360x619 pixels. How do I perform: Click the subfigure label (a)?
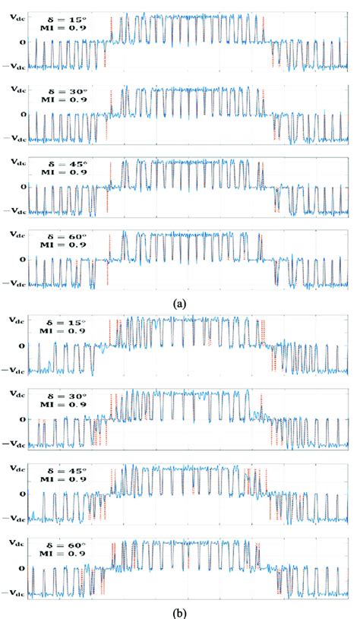[x=179, y=302]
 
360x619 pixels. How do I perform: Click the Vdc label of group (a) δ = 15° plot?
[x=15, y=17]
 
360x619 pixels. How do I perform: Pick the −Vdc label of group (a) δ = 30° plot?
[x=14, y=138]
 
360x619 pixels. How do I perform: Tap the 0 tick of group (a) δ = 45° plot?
[x=22, y=186]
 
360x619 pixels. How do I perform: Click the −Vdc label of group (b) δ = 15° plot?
[x=14, y=371]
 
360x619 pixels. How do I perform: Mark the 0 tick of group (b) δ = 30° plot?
[x=22, y=418]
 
